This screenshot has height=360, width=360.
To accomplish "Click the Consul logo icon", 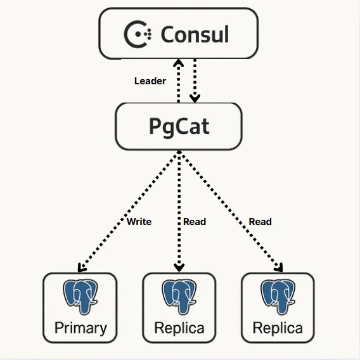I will pos(137,34).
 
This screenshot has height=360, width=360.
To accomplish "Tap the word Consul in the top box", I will pos(195,34).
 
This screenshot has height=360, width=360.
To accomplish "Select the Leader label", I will pos(150,81).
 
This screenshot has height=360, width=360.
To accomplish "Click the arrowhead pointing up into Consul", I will pos(179,63).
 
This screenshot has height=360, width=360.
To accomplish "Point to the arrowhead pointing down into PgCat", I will pos(195,97).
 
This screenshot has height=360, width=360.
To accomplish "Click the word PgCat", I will pos(179,125).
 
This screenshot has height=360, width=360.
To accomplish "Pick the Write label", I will pos(139,222).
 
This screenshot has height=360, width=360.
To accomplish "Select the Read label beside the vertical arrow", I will pos(195,222).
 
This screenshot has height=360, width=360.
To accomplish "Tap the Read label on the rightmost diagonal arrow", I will pos(260,222).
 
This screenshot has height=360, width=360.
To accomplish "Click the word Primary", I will pos(80,328).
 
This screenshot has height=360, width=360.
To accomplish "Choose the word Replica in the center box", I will pos(179,328).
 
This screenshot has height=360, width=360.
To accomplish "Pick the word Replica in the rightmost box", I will pos(278,328).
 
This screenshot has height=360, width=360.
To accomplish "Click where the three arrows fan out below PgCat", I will pos(179,152).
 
